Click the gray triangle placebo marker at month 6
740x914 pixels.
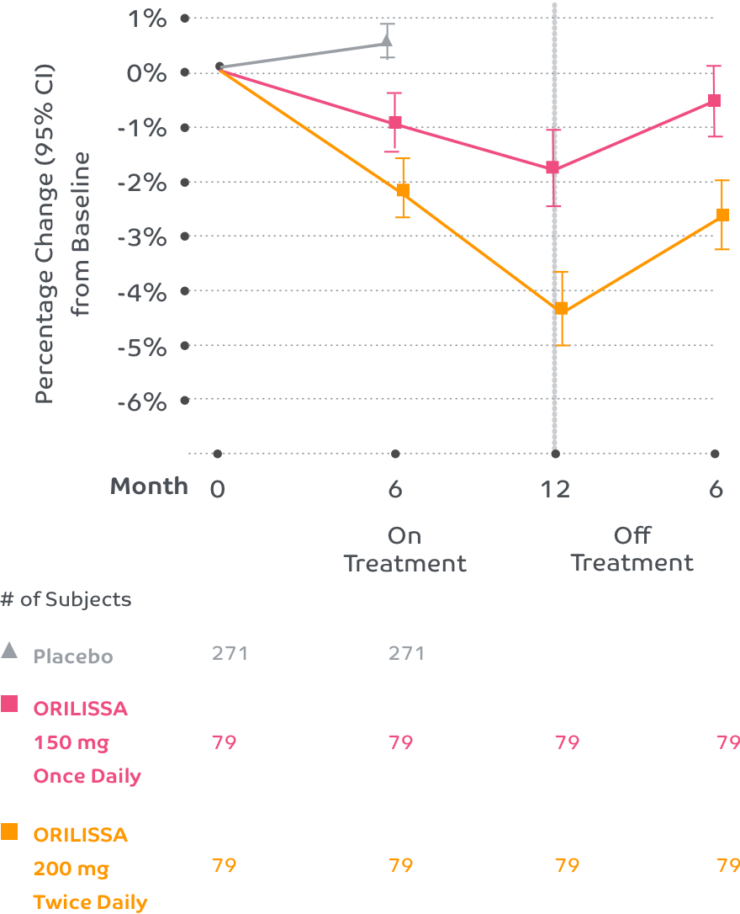pos(387,40)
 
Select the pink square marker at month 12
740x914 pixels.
pos(552,167)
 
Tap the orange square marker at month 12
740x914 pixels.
pos(561,308)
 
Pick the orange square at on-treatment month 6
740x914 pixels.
pos(403,190)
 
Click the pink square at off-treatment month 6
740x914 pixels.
pos(714,100)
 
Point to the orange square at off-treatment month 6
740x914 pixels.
pos(722,215)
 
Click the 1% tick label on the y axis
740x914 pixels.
pos(147,18)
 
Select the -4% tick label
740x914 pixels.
pos(143,292)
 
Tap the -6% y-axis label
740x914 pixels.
pos(143,401)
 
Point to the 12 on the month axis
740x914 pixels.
pos(555,489)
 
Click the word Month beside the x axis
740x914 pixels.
pos(150,486)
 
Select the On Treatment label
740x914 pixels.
pos(404,550)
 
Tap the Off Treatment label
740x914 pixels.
pos(632,550)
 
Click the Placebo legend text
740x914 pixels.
pos(73,656)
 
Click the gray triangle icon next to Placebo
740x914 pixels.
pos(9,650)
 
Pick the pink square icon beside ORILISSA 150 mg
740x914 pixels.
pos(9,704)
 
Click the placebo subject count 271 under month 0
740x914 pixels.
pos(230,653)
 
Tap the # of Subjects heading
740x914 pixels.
pos(66,600)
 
